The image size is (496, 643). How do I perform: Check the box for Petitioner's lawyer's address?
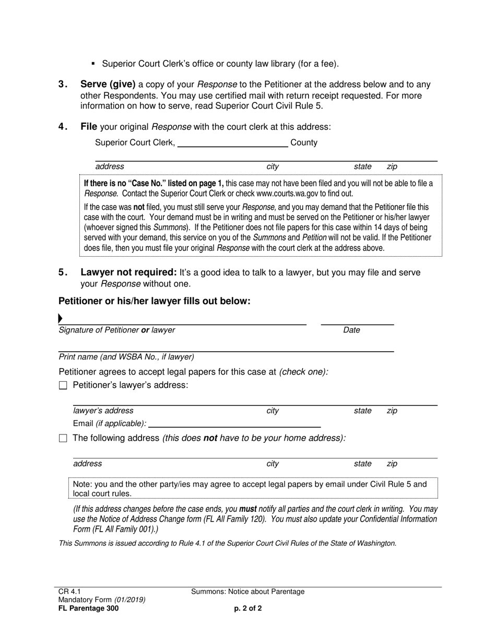(63, 386)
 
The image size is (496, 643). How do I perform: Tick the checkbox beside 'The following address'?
(63, 439)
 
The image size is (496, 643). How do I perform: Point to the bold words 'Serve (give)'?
(108, 84)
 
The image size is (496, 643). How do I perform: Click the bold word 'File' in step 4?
(88, 127)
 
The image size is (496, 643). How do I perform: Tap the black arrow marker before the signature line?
(61, 318)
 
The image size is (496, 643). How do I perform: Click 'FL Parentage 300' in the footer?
(88, 608)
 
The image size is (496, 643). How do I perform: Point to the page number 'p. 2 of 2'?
(248, 608)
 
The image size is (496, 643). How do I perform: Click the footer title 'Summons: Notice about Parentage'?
(247, 592)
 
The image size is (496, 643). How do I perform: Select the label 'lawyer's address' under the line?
(103, 411)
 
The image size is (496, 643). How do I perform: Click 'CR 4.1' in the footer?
(70, 592)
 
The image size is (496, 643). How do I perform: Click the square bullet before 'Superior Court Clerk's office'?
(93, 64)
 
